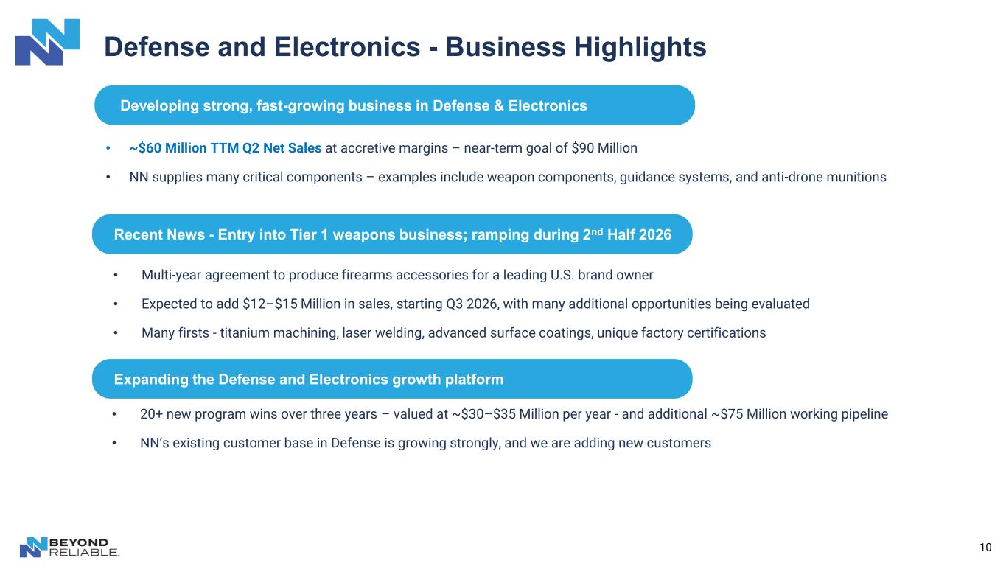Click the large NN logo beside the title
coord(47,42)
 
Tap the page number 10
coord(985,547)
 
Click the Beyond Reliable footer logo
coord(69,547)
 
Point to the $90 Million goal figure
coord(604,148)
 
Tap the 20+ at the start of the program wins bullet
coord(151,414)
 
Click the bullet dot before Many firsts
coord(116,333)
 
